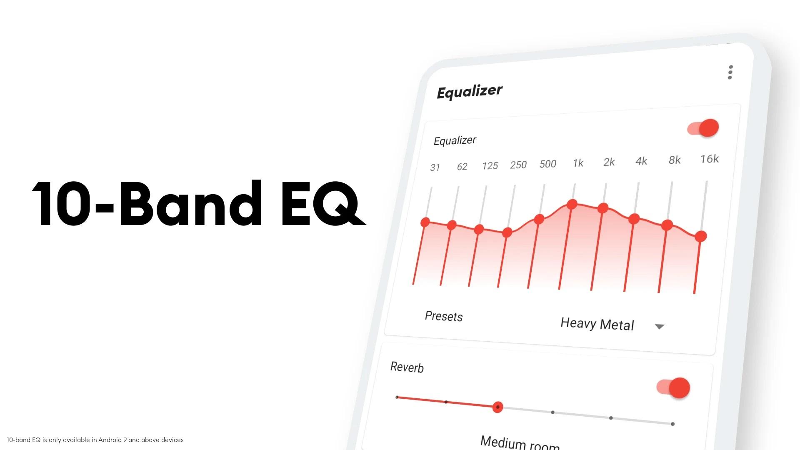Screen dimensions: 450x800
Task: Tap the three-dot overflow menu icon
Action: point(730,72)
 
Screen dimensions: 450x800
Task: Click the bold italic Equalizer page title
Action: point(470,91)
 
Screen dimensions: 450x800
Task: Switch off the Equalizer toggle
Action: point(704,128)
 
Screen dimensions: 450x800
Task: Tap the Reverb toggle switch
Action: point(673,388)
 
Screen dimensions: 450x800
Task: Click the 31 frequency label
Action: point(435,167)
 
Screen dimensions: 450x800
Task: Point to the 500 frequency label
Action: point(547,164)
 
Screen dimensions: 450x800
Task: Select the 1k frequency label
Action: point(578,163)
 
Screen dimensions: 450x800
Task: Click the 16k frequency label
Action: point(709,159)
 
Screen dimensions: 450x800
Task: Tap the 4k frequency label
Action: point(641,161)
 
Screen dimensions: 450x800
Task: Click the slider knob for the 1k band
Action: point(572,204)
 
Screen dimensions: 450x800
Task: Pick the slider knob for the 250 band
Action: point(507,232)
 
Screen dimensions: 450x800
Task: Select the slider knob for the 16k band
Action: point(701,236)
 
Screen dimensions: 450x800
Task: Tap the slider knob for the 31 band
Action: point(425,222)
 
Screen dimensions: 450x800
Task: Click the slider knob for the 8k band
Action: point(667,225)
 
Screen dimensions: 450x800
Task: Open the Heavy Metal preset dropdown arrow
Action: point(659,327)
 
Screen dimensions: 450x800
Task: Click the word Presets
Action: point(444,316)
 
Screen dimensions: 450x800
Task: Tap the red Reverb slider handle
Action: point(497,407)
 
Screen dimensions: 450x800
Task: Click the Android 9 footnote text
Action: point(95,440)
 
